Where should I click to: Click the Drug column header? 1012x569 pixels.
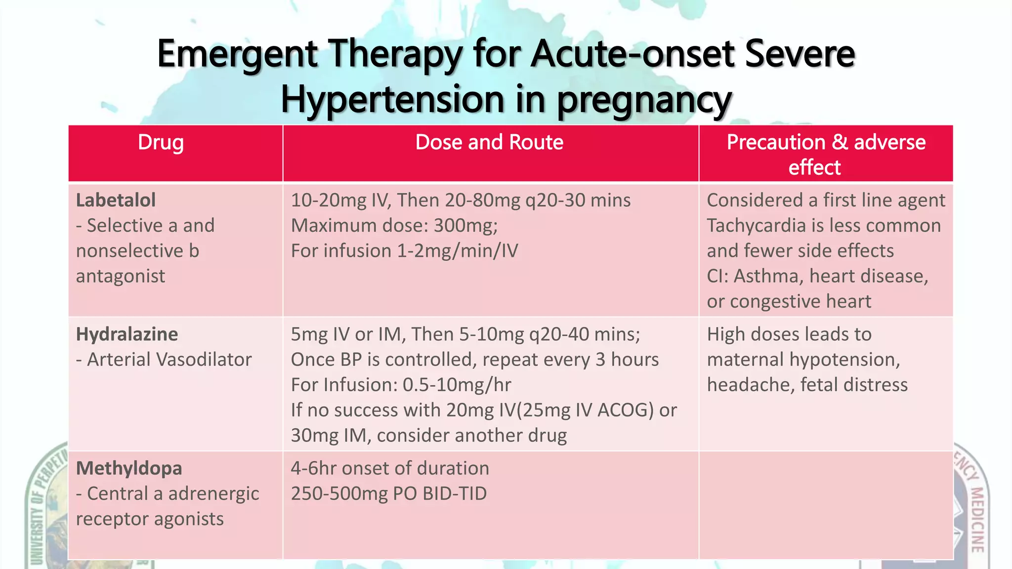click(x=161, y=143)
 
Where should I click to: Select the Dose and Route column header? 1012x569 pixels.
click(x=489, y=142)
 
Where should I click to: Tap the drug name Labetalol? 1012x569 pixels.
click(x=116, y=201)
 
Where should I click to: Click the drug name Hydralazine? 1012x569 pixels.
click(x=127, y=334)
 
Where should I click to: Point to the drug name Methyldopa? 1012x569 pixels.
click(x=129, y=468)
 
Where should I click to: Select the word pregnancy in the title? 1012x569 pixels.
click(x=644, y=100)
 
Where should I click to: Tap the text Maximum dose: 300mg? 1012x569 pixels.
click(x=394, y=226)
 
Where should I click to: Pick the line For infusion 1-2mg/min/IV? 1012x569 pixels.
click(x=404, y=251)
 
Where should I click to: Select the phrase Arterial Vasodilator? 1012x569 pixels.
click(x=169, y=360)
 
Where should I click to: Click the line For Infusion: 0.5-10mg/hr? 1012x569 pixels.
click(x=401, y=385)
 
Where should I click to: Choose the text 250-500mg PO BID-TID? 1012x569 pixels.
click(x=388, y=493)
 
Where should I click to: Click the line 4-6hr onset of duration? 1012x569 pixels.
click(x=390, y=468)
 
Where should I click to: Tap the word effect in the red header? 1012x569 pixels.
click(x=814, y=167)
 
